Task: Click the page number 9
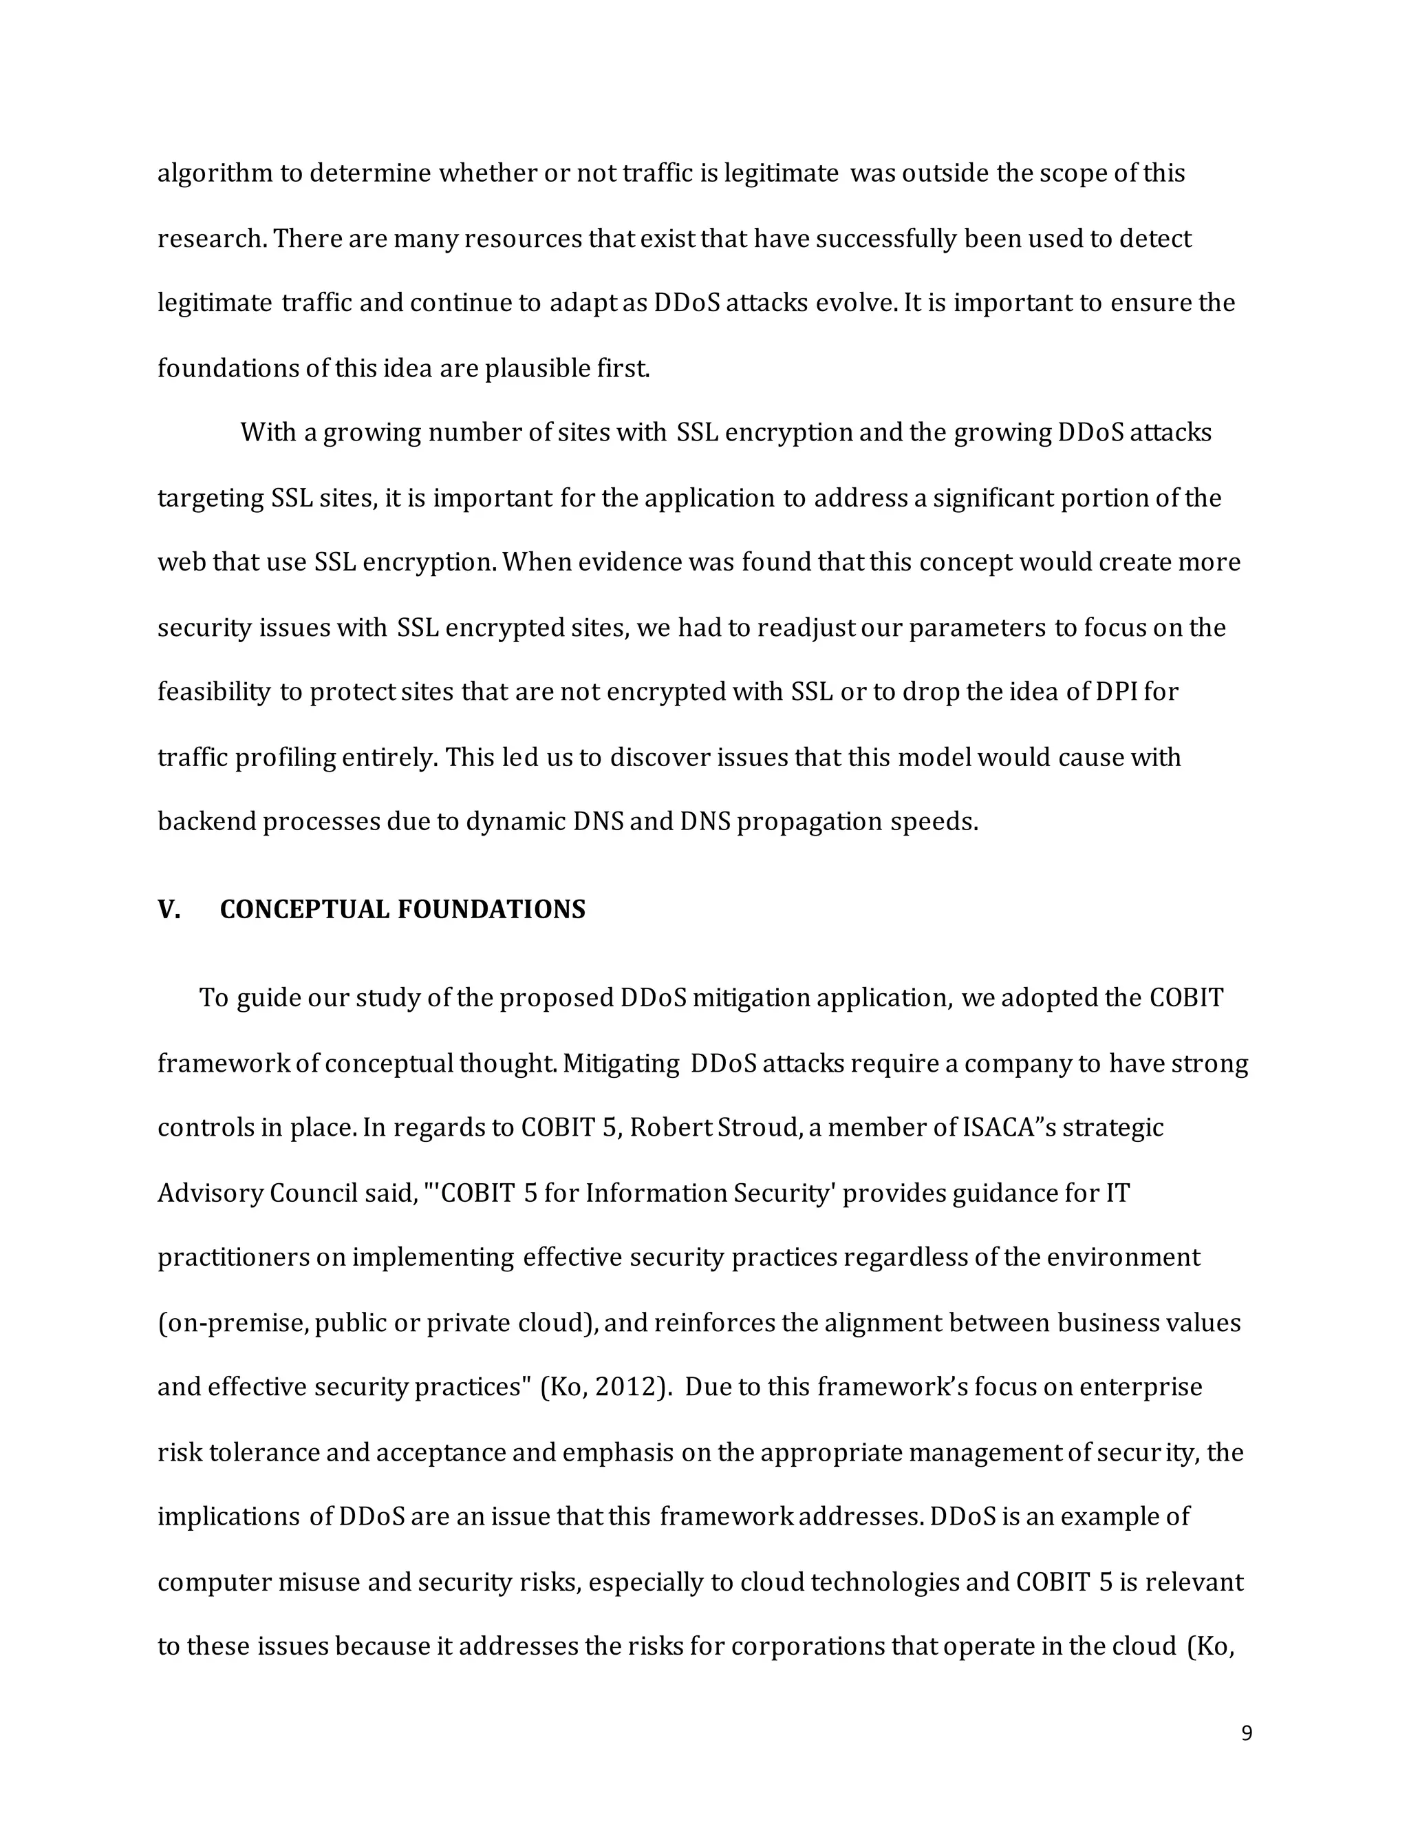1246,1734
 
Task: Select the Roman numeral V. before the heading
169,909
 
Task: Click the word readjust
806,627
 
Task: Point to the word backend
206,822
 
